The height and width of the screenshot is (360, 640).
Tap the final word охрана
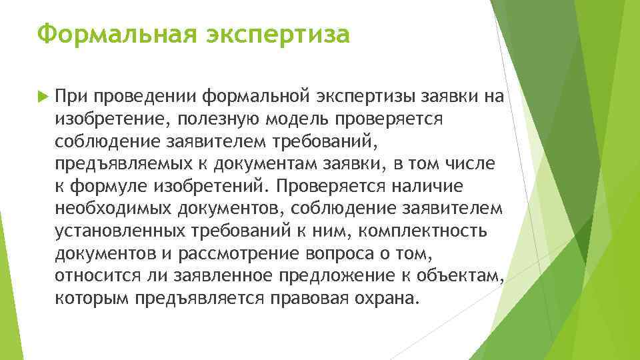click(x=387, y=298)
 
